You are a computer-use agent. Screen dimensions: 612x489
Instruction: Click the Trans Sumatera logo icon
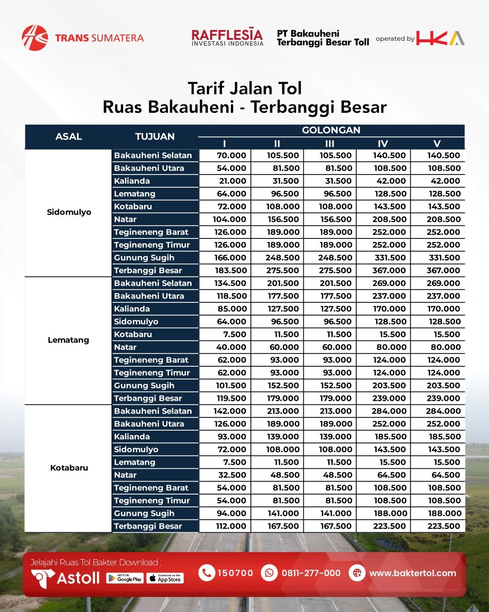point(34,38)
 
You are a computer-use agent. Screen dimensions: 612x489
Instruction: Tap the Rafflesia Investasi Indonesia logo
point(227,38)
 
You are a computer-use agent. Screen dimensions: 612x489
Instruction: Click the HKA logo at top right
point(440,38)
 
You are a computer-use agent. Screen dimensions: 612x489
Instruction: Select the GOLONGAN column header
point(331,131)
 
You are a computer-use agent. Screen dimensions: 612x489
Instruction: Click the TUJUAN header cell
point(155,136)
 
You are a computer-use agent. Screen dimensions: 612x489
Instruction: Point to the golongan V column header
point(437,144)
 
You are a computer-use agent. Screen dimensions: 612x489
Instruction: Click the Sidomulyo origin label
point(69,212)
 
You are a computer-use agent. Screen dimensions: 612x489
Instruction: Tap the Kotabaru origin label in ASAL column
point(69,468)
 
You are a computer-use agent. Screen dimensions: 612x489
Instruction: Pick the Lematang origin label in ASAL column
point(68,340)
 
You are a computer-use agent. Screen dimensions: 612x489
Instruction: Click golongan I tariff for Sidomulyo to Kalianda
point(232,181)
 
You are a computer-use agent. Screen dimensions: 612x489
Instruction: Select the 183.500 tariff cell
point(230,271)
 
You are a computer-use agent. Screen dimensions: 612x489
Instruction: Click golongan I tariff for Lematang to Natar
point(231,347)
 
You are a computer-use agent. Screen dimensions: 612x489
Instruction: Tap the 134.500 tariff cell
point(230,283)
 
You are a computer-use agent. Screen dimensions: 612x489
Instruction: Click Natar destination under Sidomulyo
point(125,219)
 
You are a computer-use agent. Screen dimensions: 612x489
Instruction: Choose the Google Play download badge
point(125,578)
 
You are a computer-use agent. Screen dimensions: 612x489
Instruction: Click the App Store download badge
point(165,578)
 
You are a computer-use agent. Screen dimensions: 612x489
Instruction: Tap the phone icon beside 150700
point(206,573)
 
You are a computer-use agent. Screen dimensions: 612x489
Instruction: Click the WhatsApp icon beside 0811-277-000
point(269,573)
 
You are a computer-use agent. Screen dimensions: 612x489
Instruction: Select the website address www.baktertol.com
point(412,573)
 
